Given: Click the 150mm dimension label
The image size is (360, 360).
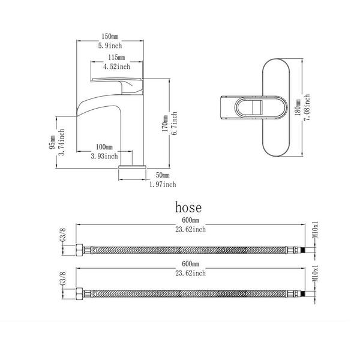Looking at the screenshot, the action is [110, 36].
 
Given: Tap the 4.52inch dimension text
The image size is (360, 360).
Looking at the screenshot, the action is [116, 67].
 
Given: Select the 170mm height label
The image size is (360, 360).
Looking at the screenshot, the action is [165, 124].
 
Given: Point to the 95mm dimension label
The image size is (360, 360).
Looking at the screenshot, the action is [52, 142].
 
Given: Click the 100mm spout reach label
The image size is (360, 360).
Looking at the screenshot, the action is [104, 147].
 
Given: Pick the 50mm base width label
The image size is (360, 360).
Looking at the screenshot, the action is [163, 175].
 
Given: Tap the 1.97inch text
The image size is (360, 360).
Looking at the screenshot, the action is [163, 184].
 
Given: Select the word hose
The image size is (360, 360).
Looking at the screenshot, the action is [188, 208].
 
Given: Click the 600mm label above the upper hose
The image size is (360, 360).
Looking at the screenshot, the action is [190, 220].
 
